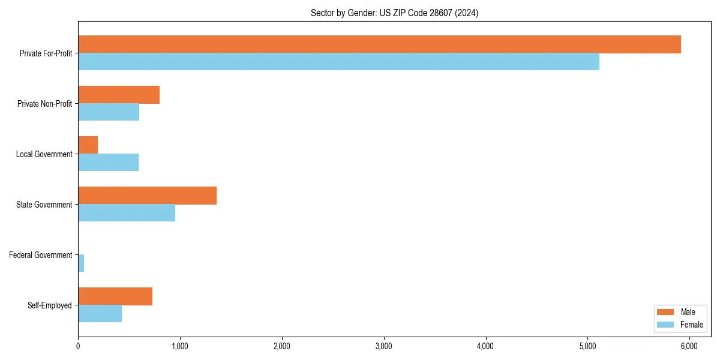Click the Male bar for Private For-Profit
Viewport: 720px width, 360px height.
coord(379,44)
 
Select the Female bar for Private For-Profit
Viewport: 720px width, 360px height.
coord(338,62)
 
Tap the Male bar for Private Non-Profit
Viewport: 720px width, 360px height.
coord(119,95)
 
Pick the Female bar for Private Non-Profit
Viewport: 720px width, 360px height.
coord(109,112)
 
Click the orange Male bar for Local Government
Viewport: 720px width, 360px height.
coord(88,145)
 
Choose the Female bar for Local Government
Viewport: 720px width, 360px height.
coord(108,163)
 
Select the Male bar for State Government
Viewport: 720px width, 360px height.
coord(147,196)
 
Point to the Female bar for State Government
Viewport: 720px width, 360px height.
coord(127,213)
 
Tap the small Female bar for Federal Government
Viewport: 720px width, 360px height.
coord(81,263)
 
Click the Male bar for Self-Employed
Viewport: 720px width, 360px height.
coord(115,296)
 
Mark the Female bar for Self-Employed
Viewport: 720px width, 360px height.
coord(100,314)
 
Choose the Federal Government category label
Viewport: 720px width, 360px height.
coord(41,255)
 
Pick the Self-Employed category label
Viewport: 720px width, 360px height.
coord(50,305)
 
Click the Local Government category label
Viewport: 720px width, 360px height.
coord(44,154)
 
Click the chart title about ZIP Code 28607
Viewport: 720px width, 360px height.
coord(394,13)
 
